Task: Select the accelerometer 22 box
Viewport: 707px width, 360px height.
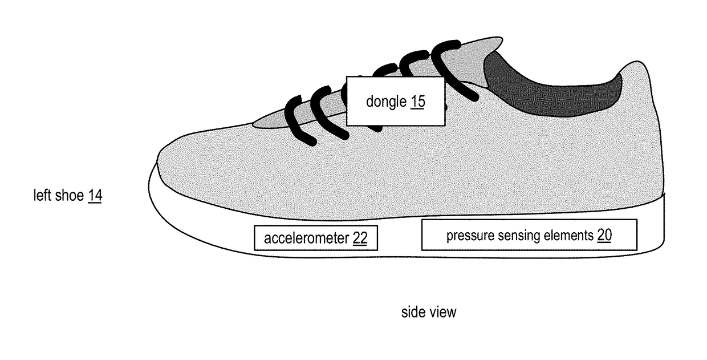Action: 315,238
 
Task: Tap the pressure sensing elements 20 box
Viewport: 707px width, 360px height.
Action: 529,234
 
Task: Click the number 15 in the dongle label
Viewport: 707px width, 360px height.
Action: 417,102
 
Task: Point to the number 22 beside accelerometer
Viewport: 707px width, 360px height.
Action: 360,238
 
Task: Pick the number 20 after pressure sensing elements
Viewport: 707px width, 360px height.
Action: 604,235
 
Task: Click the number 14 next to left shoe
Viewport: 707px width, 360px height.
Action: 95,196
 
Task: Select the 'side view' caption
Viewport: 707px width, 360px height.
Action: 429,312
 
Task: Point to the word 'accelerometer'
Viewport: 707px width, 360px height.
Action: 307,238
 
